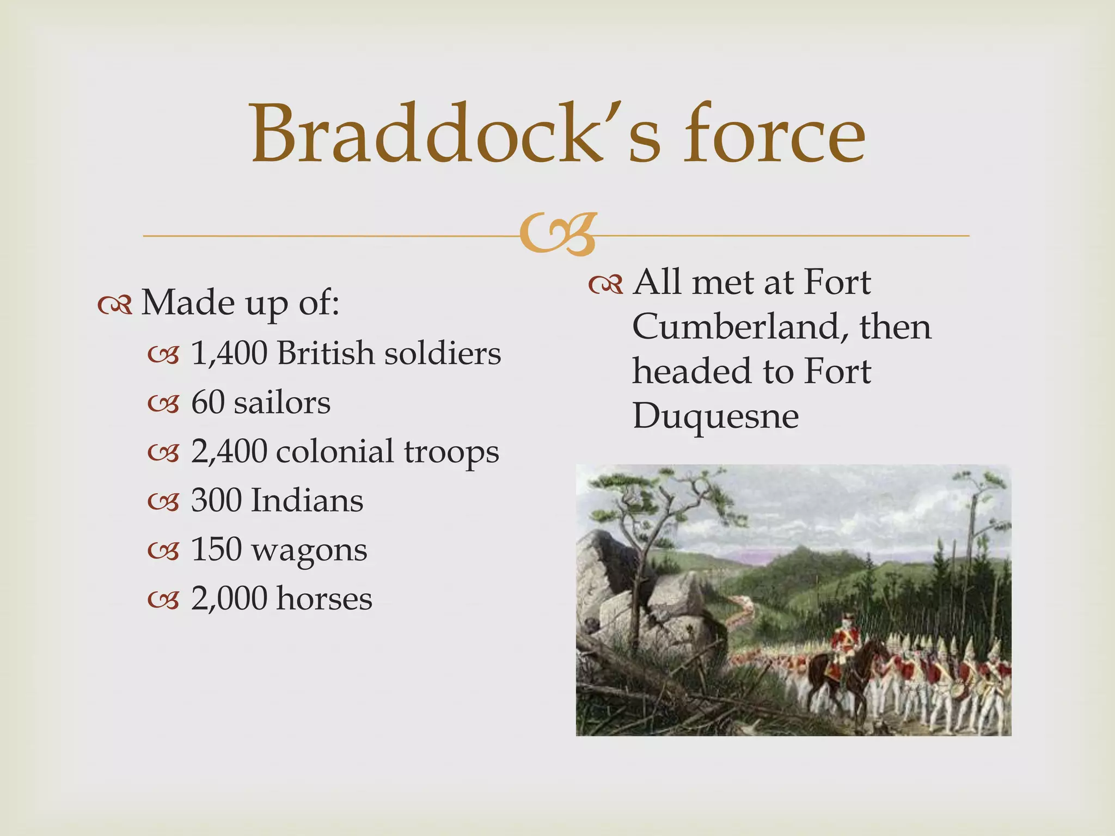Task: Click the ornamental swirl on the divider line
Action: tap(557, 235)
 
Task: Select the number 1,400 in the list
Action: tap(229, 354)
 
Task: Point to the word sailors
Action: tap(282, 403)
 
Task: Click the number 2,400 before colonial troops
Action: tap(229, 452)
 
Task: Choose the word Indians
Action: tap(307, 501)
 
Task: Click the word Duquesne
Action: tap(715, 417)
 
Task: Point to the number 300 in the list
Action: tap(216, 501)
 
